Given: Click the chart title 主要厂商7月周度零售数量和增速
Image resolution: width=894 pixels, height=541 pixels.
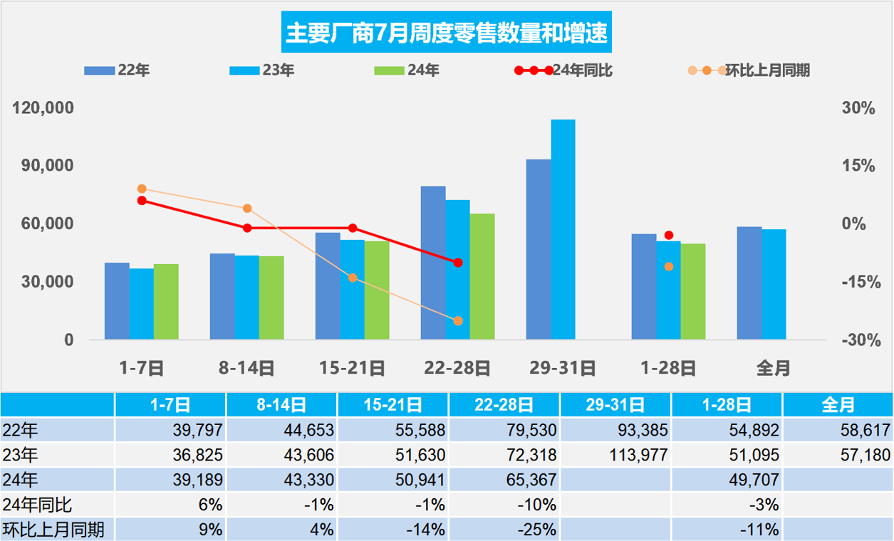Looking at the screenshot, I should (x=447, y=33).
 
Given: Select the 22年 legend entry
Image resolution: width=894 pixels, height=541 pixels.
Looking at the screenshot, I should (x=118, y=70).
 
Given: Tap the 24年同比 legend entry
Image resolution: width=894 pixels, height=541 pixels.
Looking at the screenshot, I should (x=563, y=70).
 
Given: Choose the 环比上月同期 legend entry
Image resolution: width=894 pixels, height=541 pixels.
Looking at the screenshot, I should (x=749, y=70).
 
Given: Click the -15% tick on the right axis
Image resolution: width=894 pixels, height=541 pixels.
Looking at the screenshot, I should (x=858, y=282).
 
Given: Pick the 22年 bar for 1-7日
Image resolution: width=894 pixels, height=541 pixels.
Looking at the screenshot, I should (x=117, y=300).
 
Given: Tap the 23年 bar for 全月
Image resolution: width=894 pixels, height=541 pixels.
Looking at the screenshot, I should (x=774, y=284).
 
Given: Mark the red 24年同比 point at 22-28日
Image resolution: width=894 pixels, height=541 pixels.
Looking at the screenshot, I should (x=458, y=263).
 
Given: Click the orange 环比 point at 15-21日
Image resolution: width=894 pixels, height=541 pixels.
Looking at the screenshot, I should (x=353, y=278).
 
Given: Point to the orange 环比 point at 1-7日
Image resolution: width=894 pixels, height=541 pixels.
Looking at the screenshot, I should (x=142, y=189).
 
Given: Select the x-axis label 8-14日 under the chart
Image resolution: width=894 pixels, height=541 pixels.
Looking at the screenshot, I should (x=246, y=368).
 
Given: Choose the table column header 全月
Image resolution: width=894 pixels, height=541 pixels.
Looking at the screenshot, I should (x=838, y=406).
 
